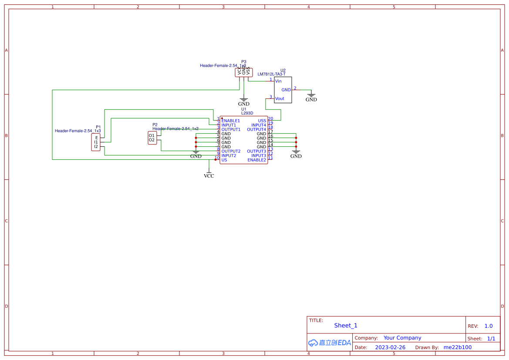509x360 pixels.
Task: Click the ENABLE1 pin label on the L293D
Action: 230,121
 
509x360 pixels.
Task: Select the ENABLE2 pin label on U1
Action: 256,160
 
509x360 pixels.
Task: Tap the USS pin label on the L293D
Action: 262,121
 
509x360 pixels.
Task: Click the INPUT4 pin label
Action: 258,125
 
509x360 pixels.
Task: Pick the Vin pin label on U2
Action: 278,81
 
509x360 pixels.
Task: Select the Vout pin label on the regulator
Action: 280,98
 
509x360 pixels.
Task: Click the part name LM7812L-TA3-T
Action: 271,74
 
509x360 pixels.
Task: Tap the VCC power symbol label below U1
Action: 209,176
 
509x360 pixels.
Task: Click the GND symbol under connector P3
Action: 244,104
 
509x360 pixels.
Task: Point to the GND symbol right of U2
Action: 311,99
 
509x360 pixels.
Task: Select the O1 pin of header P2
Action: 152,135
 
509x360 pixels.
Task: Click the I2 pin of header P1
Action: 96,147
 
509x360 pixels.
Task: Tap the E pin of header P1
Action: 96,138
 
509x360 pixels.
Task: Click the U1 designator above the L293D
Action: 244,109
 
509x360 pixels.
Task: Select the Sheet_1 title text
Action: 346,325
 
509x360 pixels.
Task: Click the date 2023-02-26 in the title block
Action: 390,347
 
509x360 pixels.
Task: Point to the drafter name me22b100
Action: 457,347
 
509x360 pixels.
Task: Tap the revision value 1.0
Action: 489,326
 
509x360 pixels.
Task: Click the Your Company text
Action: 402,338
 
